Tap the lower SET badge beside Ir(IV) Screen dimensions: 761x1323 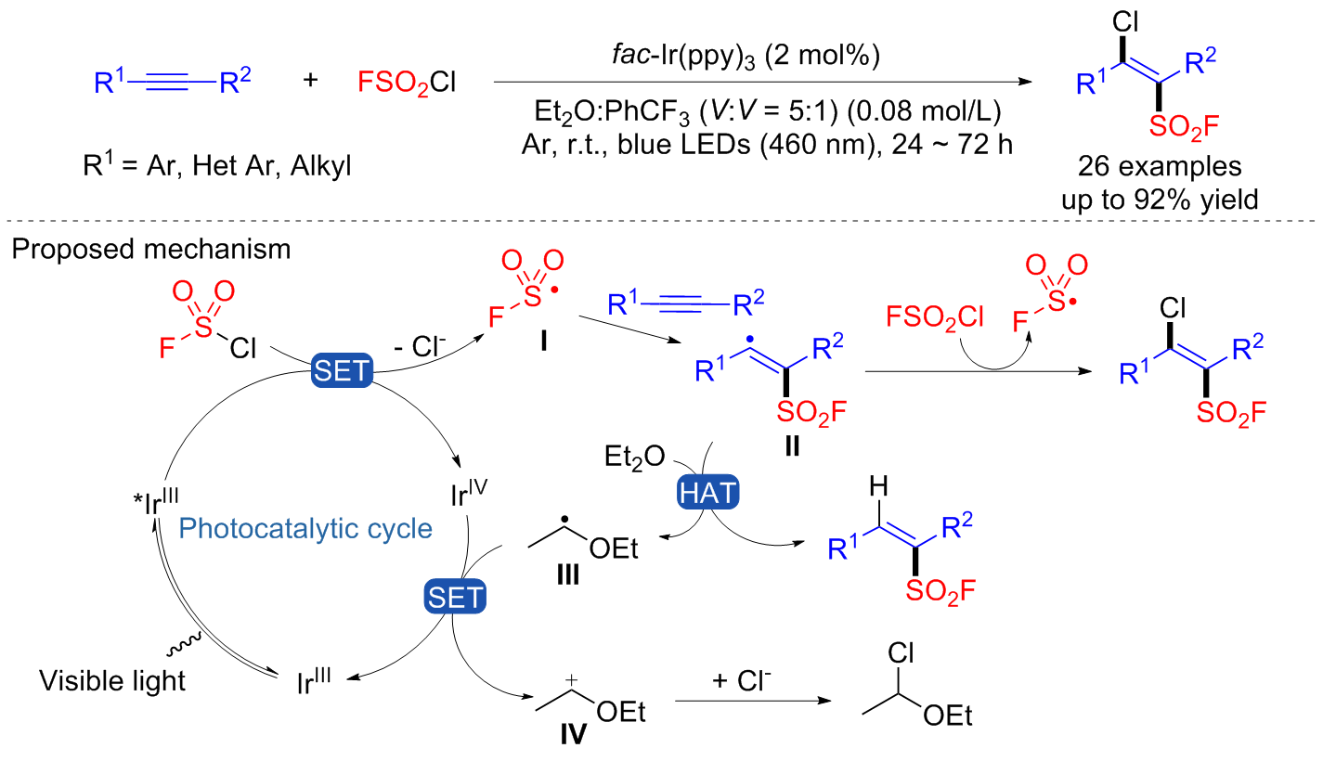click(454, 595)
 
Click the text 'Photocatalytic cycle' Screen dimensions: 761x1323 click(305, 529)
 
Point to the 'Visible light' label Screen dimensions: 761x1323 click(112, 681)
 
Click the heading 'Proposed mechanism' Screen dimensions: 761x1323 click(146, 251)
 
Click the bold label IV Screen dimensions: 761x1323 click(574, 735)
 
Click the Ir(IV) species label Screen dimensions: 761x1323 click(472, 492)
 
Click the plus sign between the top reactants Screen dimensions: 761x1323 click(310, 81)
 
